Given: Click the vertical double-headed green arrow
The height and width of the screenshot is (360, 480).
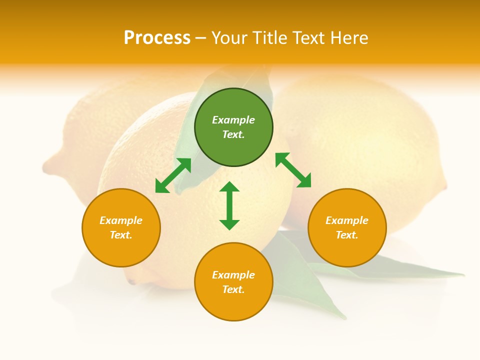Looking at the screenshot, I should [x=229, y=205].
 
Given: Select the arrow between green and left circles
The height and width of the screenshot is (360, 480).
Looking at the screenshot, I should [x=173, y=175].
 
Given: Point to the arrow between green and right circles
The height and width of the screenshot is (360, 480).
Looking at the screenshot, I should [x=293, y=170].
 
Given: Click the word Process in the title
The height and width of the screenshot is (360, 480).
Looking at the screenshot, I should [x=157, y=37].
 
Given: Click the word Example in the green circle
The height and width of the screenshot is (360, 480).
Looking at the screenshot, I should [x=233, y=120].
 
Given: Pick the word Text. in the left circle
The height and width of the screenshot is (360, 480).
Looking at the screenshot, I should [x=121, y=235].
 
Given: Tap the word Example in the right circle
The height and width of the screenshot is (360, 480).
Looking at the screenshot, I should [x=347, y=220].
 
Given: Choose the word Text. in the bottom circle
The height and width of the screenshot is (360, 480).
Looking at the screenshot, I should [x=233, y=289].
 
